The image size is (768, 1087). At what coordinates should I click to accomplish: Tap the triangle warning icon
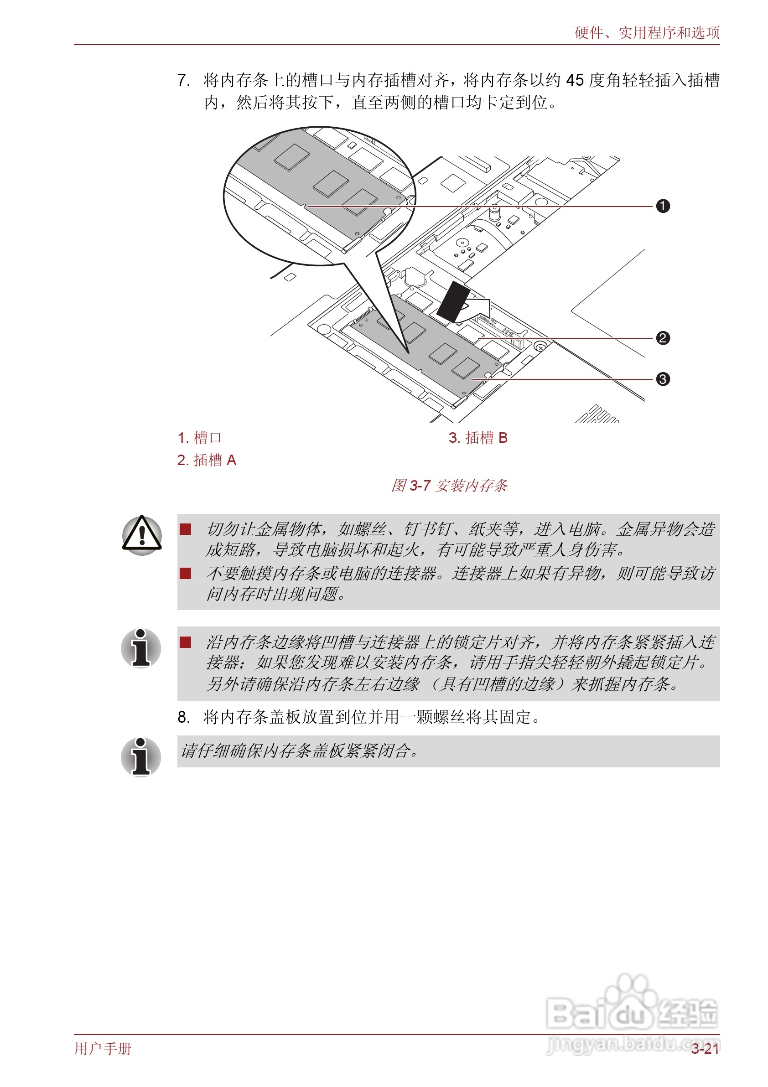(x=141, y=535)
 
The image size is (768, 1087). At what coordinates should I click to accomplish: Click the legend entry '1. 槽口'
(x=199, y=437)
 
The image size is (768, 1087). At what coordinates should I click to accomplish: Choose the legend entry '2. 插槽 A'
(x=207, y=460)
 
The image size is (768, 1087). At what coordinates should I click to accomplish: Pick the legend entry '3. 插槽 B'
(x=478, y=437)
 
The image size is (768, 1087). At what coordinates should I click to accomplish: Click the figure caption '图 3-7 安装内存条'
(x=449, y=485)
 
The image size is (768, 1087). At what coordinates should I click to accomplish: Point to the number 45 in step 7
(x=575, y=80)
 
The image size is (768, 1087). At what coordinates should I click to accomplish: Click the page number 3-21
(x=705, y=1049)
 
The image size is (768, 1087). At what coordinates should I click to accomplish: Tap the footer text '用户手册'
(x=103, y=1049)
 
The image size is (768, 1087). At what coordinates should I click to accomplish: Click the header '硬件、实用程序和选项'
(x=647, y=33)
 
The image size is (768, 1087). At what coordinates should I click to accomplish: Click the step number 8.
(x=183, y=717)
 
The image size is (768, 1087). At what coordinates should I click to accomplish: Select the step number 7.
(x=183, y=80)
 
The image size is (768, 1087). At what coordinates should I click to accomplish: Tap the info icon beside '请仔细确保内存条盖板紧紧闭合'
(x=140, y=756)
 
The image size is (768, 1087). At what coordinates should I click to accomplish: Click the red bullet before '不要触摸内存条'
(x=185, y=573)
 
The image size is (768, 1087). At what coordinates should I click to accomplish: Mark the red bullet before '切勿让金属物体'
(x=185, y=529)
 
